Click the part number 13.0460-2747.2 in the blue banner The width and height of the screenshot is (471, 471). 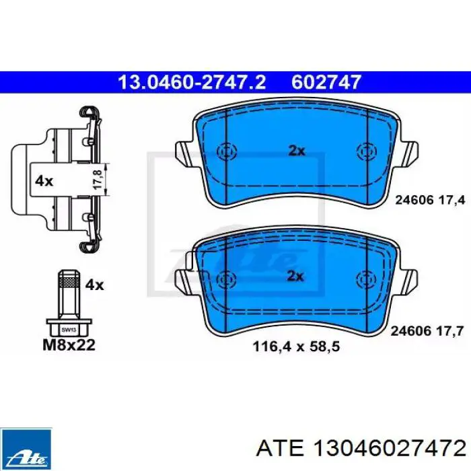pos(192,82)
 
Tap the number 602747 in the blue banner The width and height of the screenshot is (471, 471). pos(326,82)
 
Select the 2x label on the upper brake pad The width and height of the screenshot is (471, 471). pos(297,151)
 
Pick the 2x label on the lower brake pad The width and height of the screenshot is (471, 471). pos(295,276)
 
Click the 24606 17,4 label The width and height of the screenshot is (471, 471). pos(430,200)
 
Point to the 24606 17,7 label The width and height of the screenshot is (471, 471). pos(427,331)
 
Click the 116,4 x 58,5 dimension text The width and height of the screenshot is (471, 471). pos(296,347)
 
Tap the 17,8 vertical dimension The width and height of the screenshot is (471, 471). pos(98,180)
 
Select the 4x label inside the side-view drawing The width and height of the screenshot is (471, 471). pos(44,181)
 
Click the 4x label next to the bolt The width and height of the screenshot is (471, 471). pos(94,285)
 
